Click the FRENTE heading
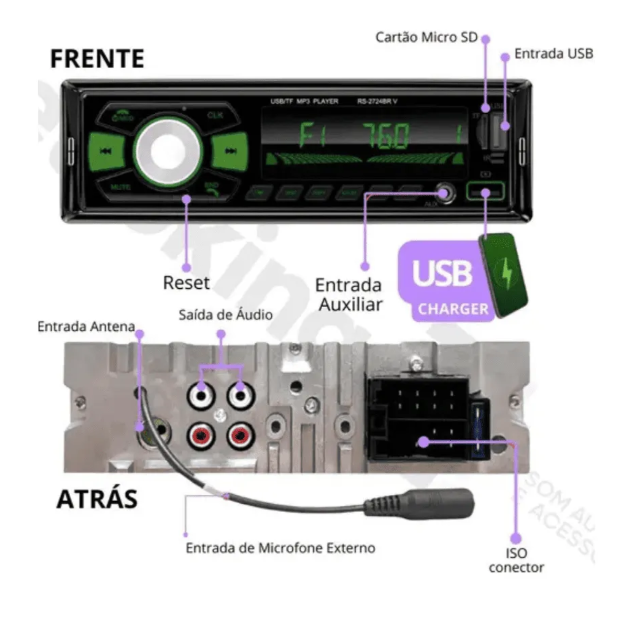(97, 58)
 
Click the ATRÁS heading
(97, 498)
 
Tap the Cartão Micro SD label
(427, 37)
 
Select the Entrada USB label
(554, 53)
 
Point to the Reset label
(186, 283)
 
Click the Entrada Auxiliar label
(349, 295)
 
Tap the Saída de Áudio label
(225, 314)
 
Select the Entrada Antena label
(86, 327)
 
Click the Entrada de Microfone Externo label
(280, 548)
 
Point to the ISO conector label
(516, 560)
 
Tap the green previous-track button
(105, 151)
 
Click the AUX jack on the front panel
(443, 192)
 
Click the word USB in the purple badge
(441, 273)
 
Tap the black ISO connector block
(419, 419)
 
